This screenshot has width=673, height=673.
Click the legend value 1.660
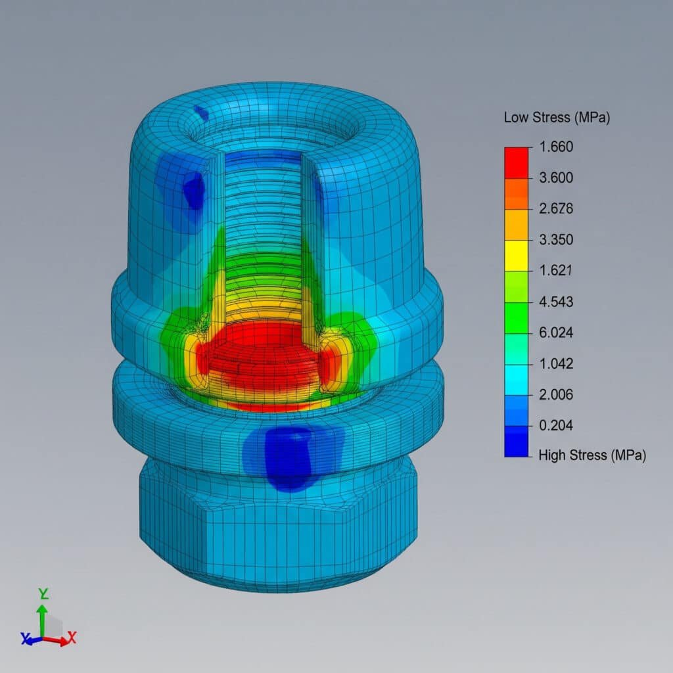point(556,147)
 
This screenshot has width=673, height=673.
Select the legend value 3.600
point(556,177)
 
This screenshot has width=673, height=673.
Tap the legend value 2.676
point(556,209)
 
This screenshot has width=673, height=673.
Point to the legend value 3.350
point(556,240)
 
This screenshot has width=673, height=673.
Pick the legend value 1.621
point(556,271)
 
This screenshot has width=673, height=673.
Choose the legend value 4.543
point(556,302)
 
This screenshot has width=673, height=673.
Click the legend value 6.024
point(556,333)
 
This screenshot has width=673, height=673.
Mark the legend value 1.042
point(556,363)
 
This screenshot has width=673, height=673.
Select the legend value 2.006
point(556,394)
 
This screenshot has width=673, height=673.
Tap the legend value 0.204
point(556,425)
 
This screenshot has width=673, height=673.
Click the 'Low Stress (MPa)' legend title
point(557,118)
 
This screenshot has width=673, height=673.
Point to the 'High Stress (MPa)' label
point(592,455)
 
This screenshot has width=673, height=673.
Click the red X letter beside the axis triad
point(72,636)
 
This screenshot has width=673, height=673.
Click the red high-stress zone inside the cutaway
point(263,358)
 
